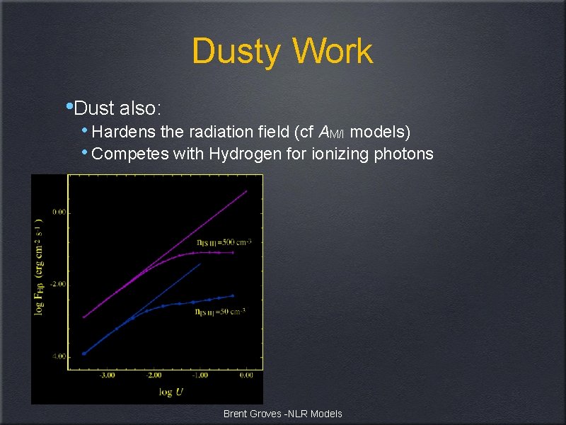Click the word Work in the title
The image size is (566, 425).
click(x=332, y=52)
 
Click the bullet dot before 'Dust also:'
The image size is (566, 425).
click(x=68, y=107)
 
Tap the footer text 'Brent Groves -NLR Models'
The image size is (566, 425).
click(x=282, y=414)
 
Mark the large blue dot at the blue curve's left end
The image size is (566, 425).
click(x=84, y=353)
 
